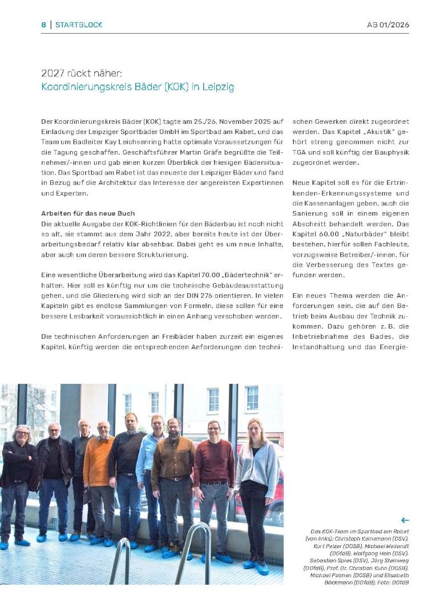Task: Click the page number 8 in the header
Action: click(43, 25)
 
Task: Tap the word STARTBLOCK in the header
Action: click(79, 25)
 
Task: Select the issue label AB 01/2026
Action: click(388, 25)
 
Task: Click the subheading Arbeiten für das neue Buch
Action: click(88, 213)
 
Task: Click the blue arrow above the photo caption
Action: click(405, 520)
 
